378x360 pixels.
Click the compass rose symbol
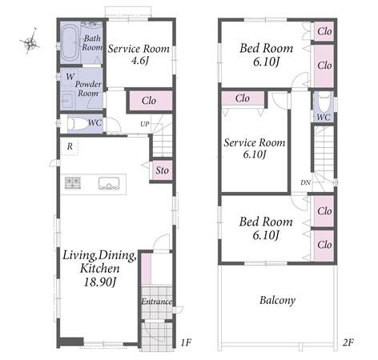point(30,42)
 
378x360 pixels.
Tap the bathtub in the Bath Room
point(70,43)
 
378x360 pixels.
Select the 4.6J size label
point(139,61)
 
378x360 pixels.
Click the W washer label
point(70,77)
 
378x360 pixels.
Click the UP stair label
point(145,124)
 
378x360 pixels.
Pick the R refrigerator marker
point(70,146)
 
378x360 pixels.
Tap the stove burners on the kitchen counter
point(73,183)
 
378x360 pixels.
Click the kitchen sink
point(109,183)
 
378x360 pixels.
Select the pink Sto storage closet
point(162,170)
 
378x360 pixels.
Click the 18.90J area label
point(100,282)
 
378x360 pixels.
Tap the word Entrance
point(156,302)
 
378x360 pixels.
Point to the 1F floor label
point(186,342)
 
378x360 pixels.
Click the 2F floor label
point(348,342)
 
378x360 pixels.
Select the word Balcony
point(277,301)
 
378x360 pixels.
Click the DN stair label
point(306,182)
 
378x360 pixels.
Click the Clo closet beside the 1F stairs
point(149,101)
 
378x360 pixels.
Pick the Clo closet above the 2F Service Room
point(243,98)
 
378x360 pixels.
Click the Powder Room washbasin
point(68,101)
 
